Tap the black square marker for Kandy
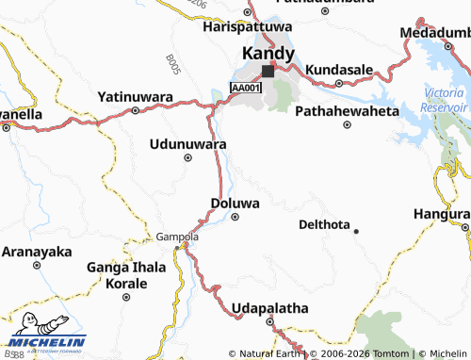(268, 71)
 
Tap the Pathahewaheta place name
(347, 111)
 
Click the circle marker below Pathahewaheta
(348, 124)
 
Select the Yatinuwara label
(135, 96)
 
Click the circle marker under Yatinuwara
(135, 109)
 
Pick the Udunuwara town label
(188, 144)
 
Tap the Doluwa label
(234, 203)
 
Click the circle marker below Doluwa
(235, 216)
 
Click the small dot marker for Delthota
(356, 230)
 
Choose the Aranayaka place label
(37, 252)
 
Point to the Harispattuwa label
(249, 28)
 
